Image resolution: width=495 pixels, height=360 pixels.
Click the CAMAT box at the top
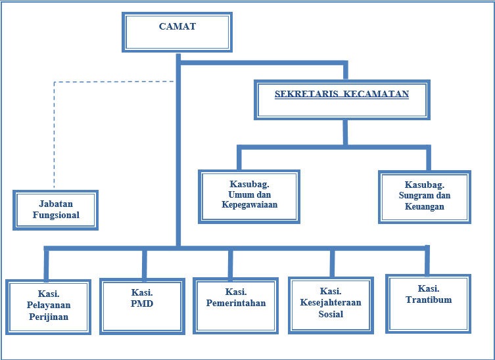(x=177, y=32)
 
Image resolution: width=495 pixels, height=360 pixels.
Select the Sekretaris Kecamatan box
(x=342, y=100)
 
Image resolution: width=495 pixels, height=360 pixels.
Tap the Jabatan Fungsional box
(x=55, y=210)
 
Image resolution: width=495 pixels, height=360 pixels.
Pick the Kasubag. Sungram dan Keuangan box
(x=425, y=196)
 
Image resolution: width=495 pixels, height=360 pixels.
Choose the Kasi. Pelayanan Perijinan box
(x=48, y=307)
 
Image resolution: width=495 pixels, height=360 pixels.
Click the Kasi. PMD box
(x=142, y=305)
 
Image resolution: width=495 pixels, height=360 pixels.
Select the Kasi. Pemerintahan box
(x=235, y=305)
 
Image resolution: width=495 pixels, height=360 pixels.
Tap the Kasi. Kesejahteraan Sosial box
(x=331, y=304)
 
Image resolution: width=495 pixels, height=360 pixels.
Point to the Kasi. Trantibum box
(x=429, y=303)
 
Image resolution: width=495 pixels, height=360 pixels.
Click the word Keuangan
(x=425, y=206)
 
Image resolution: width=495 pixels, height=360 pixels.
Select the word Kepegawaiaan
(x=250, y=204)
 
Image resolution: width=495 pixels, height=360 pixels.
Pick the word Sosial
(x=331, y=314)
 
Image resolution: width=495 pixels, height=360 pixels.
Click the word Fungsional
(x=55, y=215)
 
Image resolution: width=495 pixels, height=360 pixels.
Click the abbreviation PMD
(x=142, y=304)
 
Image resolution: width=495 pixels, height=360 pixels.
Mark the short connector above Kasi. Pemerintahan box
(x=230, y=264)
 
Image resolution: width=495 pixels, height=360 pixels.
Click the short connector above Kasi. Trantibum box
(x=427, y=261)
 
